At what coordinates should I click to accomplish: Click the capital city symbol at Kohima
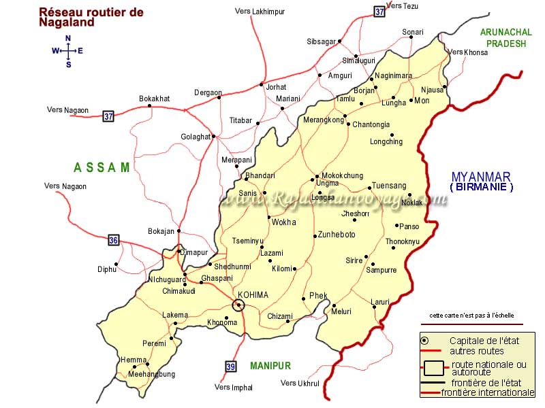238,305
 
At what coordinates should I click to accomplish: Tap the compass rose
68,51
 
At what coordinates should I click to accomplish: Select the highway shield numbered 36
114,240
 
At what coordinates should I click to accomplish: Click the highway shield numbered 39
231,367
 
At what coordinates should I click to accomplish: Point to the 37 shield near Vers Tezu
379,11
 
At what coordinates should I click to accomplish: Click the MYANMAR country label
481,176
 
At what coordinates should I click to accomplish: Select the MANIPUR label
270,366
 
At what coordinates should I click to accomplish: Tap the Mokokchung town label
342,175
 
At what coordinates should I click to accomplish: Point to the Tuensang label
389,186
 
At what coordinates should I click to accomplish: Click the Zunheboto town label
337,235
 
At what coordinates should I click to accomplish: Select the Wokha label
284,222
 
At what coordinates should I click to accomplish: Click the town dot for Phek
303,299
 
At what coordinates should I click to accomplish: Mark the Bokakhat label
154,99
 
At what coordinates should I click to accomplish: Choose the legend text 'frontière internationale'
488,392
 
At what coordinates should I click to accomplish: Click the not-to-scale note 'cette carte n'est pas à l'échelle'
471,316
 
